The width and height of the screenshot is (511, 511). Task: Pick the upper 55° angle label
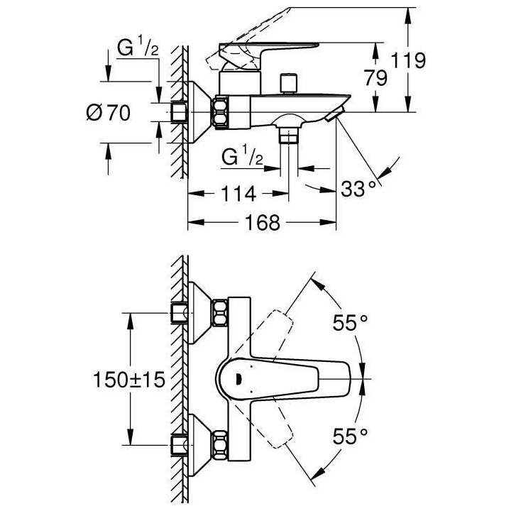[351, 322]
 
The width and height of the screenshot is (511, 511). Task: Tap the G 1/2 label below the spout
[243, 157]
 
